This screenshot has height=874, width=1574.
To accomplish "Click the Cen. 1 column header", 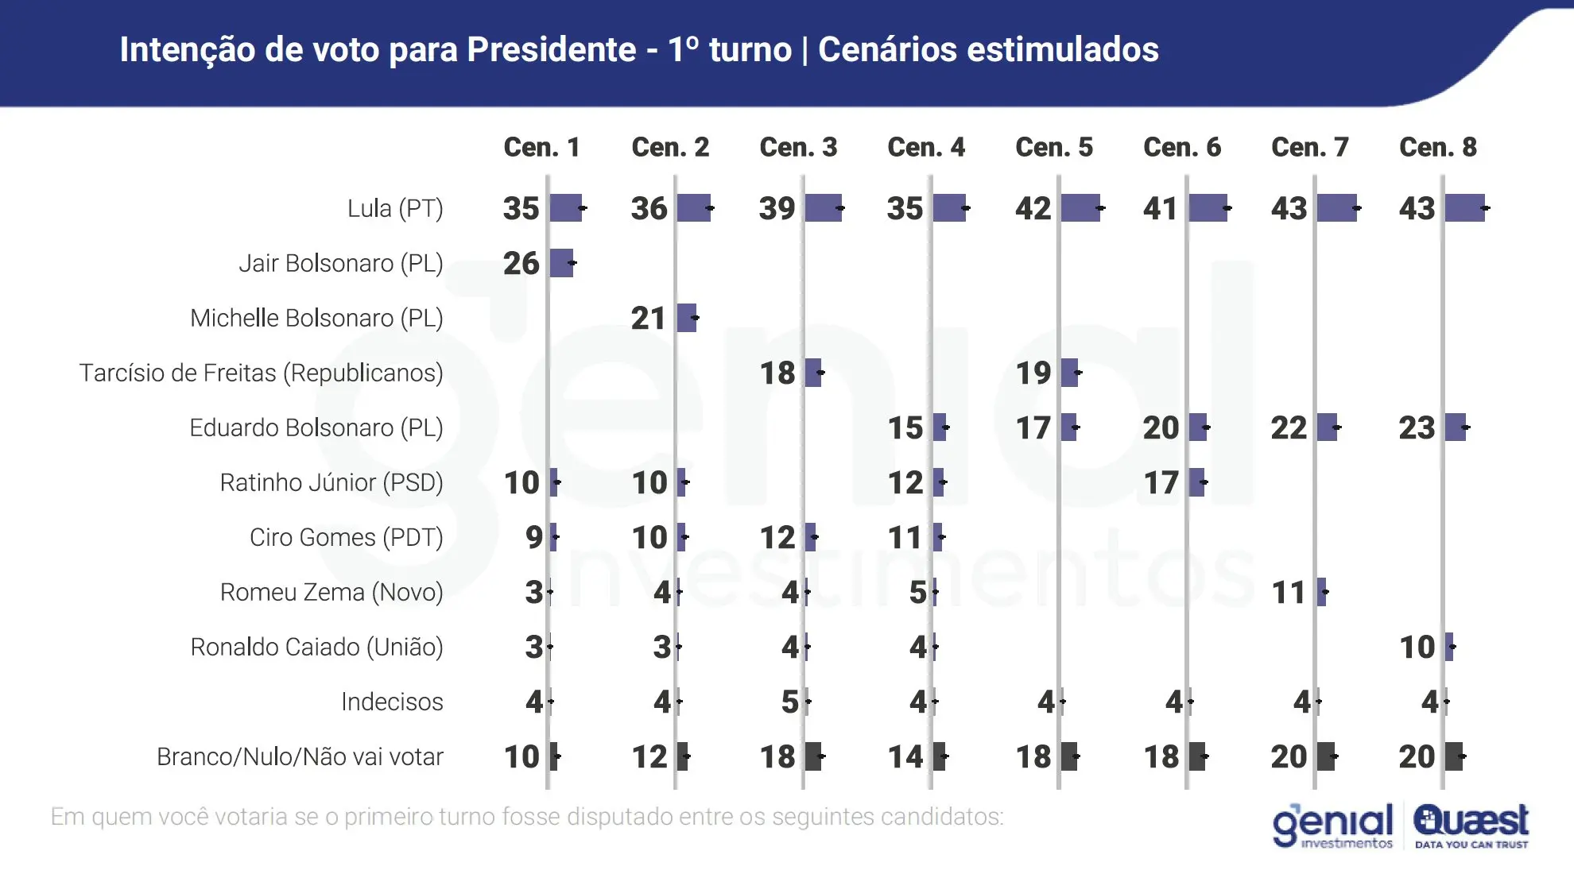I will (541, 147).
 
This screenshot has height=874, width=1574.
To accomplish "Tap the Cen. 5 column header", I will (1054, 147).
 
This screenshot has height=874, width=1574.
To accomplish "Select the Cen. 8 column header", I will (1437, 147).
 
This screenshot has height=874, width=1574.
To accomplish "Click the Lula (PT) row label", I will (395, 208).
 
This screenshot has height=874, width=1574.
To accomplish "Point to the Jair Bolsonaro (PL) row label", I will (340, 263).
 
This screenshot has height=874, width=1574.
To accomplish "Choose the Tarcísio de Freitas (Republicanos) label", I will (261, 373).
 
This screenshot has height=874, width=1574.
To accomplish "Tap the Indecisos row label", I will (392, 702).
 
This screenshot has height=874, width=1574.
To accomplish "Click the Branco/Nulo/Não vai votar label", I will (300, 756).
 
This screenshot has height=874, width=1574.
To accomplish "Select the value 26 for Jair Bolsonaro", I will (521, 263).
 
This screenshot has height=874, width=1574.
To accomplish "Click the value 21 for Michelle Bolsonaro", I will (649, 318).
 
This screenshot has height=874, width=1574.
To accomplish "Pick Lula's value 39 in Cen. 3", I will (777, 208).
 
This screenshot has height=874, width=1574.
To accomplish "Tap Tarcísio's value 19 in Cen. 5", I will (1033, 373).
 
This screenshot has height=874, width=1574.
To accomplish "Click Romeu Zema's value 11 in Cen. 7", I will (1289, 592).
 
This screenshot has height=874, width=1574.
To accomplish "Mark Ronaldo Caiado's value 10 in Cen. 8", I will (1417, 647).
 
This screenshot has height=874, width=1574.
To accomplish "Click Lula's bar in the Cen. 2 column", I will (693, 208).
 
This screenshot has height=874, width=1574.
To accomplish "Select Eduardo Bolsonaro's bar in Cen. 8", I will (1456, 427).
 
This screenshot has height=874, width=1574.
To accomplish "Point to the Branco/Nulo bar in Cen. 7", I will (1325, 756).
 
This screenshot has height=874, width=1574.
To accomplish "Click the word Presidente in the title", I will (551, 49).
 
